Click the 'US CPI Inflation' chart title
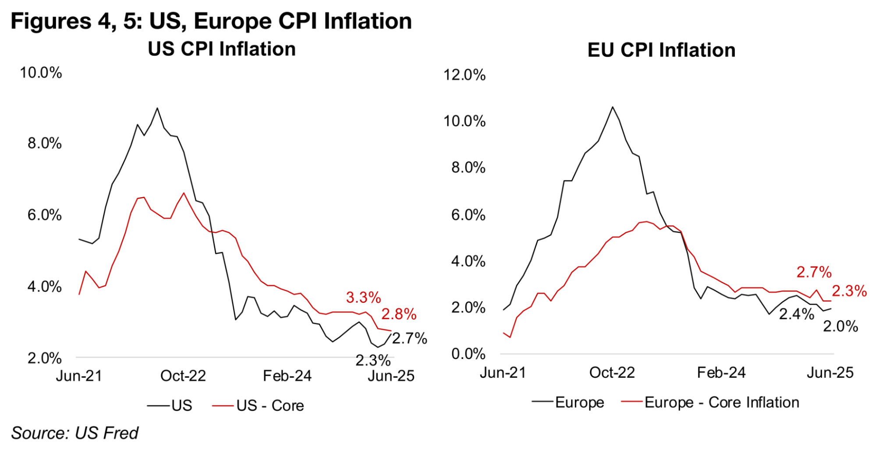pyautogui.click(x=222, y=49)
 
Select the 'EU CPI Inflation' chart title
pyautogui.click(x=661, y=50)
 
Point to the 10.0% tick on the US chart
pyautogui.click(x=41, y=73)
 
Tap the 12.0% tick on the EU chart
pyautogui.click(x=465, y=75)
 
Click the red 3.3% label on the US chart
pyautogui.click(x=363, y=298)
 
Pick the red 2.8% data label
pyautogui.click(x=399, y=314)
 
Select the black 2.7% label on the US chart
pyautogui.click(x=409, y=338)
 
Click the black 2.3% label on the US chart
pyautogui.click(x=373, y=360)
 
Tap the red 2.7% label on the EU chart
pyautogui.click(x=814, y=272)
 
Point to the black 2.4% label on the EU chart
pyautogui.click(x=796, y=314)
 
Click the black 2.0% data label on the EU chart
pyautogui.click(x=840, y=327)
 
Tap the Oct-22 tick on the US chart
pyautogui.click(x=183, y=376)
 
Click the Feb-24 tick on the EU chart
pyautogui.click(x=721, y=373)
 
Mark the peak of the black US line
pyautogui.click(x=157, y=108)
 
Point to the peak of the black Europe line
pyautogui.click(x=613, y=107)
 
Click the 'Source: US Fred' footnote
pyautogui.click(x=75, y=433)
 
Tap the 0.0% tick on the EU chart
pyautogui.click(x=468, y=354)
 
